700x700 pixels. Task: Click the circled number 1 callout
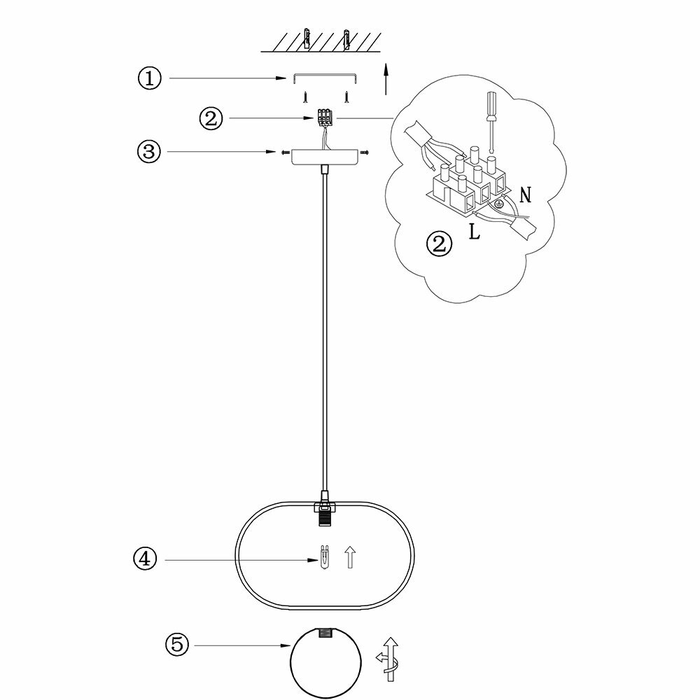tap(148, 78)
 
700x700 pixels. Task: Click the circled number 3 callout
tap(148, 151)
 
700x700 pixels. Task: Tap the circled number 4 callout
tap(145, 559)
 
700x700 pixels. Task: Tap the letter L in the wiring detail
tap(475, 232)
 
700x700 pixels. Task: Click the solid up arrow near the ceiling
tap(385, 78)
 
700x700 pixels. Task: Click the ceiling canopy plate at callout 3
tap(325, 156)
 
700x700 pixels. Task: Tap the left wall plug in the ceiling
tap(306, 40)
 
